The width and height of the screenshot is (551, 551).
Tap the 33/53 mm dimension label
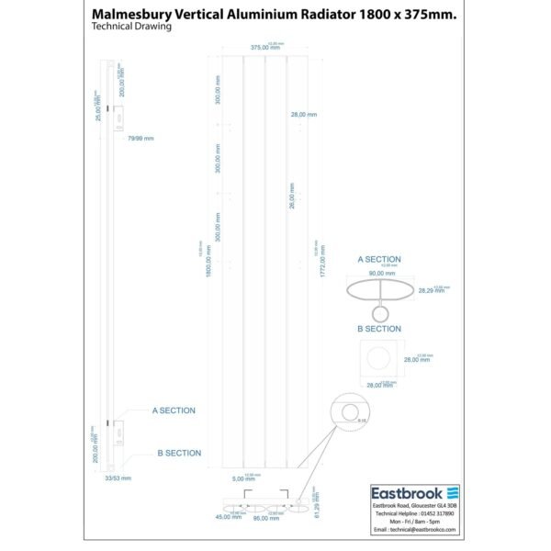tap(119, 478)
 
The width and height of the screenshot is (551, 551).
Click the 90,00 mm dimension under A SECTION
tap(381, 274)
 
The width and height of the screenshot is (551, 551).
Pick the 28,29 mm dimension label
tap(431, 290)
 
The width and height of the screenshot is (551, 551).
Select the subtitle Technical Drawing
tap(132, 27)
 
